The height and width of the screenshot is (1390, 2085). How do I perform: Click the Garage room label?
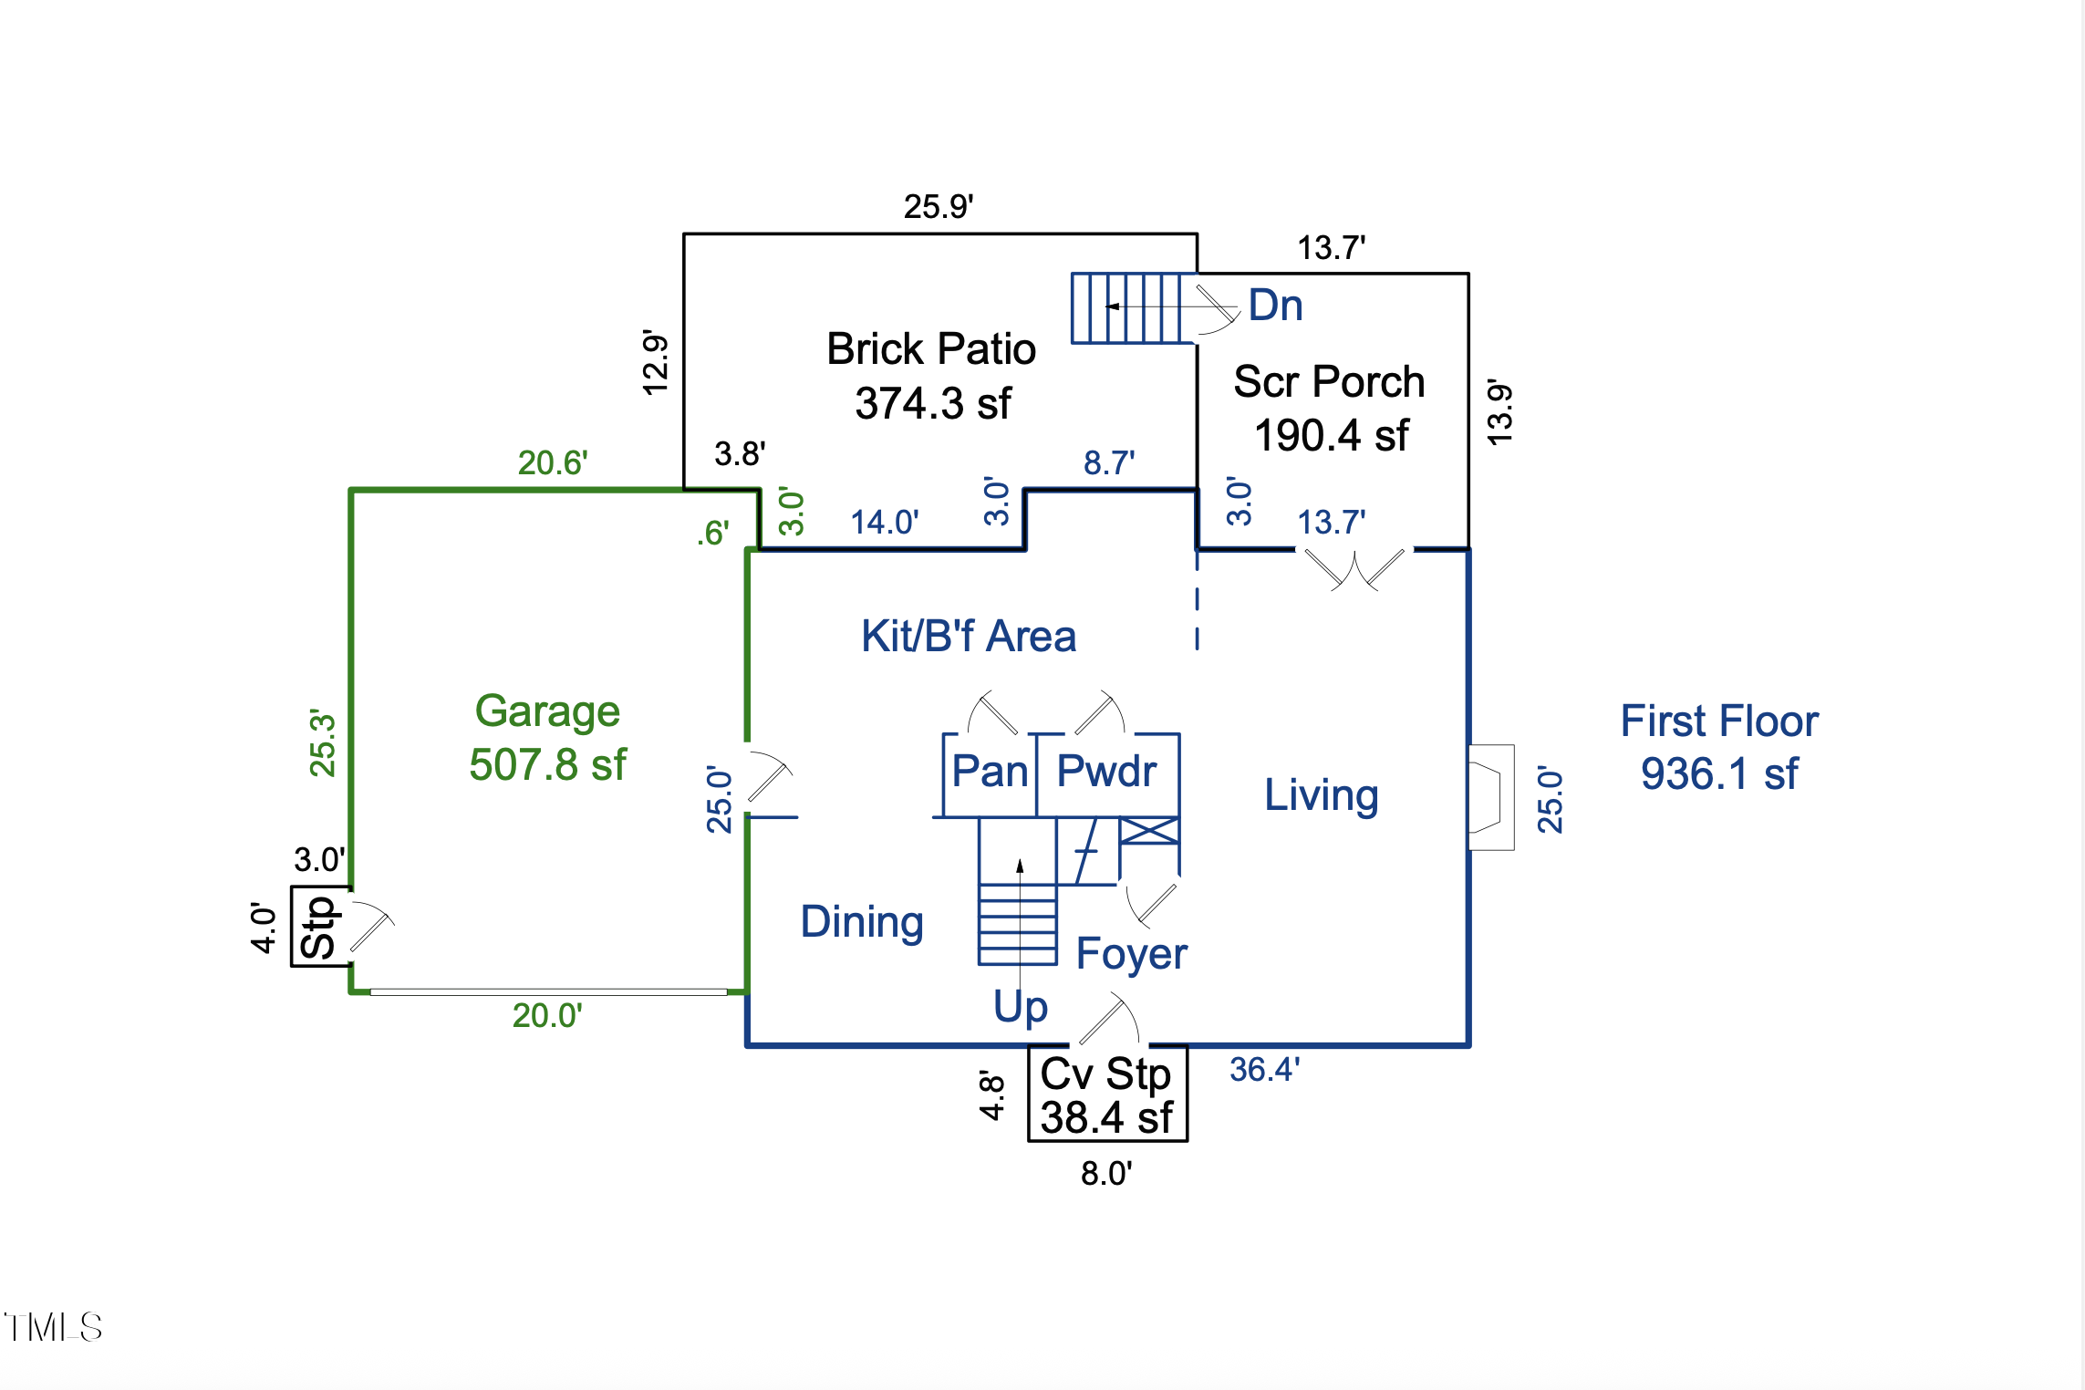click(x=547, y=711)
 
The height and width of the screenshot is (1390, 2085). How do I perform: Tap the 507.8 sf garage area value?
click(x=547, y=764)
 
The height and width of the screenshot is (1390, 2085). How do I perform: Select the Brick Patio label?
click(x=931, y=348)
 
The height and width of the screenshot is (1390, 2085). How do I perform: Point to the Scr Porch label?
click(x=1329, y=381)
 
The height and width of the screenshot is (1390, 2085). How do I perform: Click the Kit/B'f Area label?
click(x=969, y=636)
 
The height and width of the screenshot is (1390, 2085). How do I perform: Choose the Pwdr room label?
click(x=1106, y=772)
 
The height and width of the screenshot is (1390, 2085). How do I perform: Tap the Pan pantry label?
click(x=990, y=772)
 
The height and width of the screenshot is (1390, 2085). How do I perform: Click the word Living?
click(x=1321, y=794)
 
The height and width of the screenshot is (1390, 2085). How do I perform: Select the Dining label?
click(x=862, y=921)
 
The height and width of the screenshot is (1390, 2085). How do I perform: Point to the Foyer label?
click(x=1131, y=954)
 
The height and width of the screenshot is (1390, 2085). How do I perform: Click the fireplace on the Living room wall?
click(x=1490, y=797)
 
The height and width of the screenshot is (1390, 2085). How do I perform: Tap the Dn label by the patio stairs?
click(x=1275, y=305)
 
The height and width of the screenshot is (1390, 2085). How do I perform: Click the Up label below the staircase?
click(x=1021, y=1007)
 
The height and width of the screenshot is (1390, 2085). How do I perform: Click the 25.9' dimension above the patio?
click(x=939, y=207)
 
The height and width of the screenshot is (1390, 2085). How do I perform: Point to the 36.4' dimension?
click(x=1264, y=1069)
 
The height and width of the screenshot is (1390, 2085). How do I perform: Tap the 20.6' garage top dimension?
click(x=553, y=462)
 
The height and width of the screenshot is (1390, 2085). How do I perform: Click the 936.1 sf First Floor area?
click(x=1719, y=774)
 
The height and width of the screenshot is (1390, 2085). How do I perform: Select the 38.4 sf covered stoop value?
click(x=1106, y=1118)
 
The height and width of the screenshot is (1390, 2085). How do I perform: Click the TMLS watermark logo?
click(x=53, y=1327)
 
